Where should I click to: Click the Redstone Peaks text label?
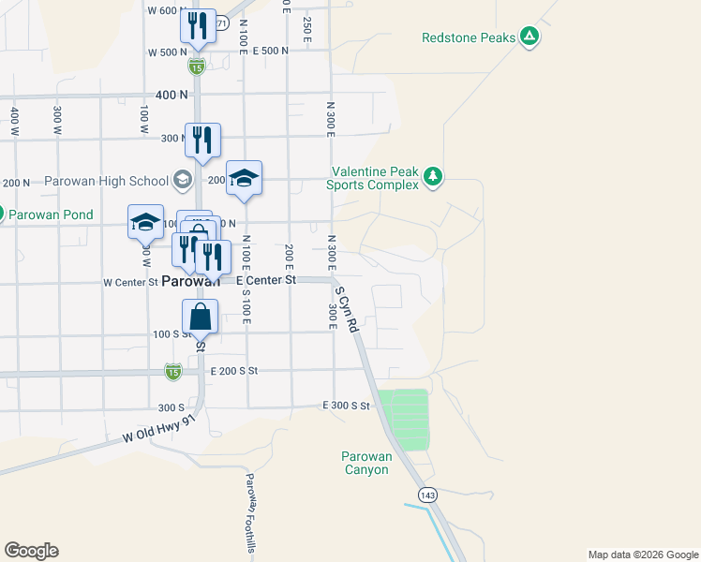tap(469, 37)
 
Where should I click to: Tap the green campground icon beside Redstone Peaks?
tap(529, 37)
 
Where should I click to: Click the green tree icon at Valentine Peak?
tap(432, 176)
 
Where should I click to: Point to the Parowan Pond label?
tap(51, 214)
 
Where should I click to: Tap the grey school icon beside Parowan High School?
tap(182, 180)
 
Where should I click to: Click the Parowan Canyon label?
tap(365, 463)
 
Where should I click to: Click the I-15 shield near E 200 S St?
tap(173, 372)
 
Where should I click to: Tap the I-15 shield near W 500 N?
tap(196, 66)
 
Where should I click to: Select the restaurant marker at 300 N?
tap(202, 140)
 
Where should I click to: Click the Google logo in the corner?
tap(31, 551)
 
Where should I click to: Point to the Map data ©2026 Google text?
tap(642, 555)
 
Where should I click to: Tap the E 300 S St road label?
tap(347, 406)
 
